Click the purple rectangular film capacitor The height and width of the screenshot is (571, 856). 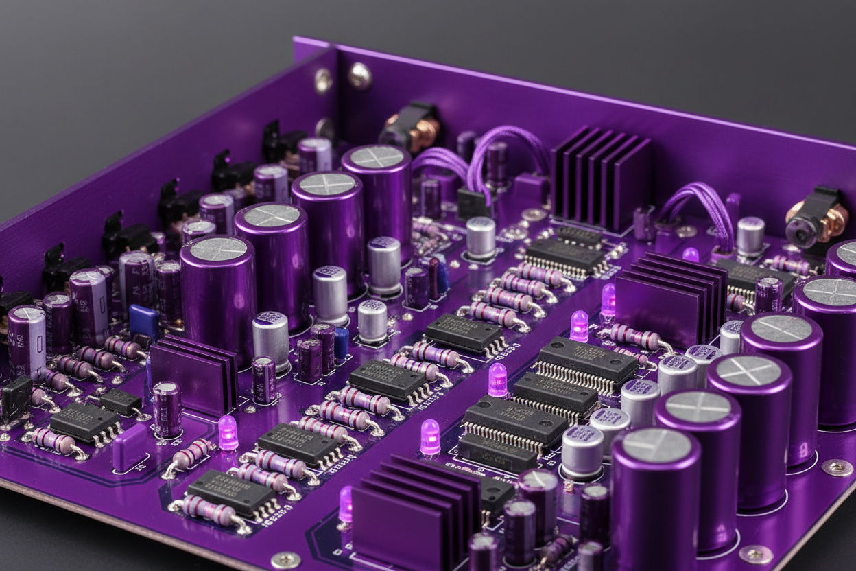coord(130,447)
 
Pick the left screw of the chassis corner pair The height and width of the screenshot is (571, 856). coord(323,81)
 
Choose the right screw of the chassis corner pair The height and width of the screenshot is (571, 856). coord(359,75)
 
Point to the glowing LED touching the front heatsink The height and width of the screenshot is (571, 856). coord(345,504)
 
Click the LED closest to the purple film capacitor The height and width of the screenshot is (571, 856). coord(228,432)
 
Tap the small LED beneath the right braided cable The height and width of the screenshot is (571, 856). coord(690,255)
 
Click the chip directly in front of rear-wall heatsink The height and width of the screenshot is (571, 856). coord(567,254)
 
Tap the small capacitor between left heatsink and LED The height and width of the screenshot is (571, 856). coord(167,409)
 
